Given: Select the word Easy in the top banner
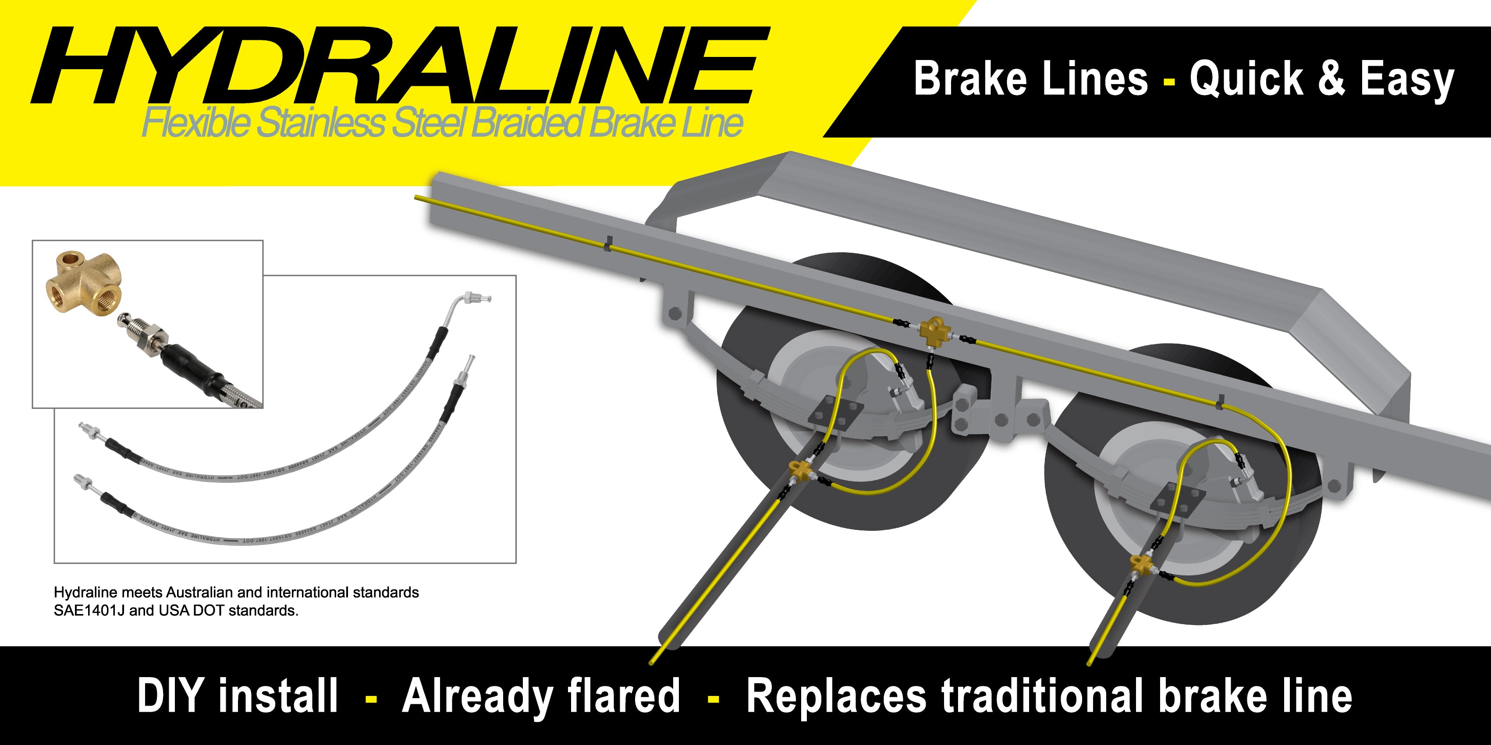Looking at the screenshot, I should (x=1406, y=80).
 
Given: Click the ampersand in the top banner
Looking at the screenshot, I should (x=1331, y=79).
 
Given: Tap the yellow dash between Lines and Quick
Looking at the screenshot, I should (x=1168, y=81).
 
